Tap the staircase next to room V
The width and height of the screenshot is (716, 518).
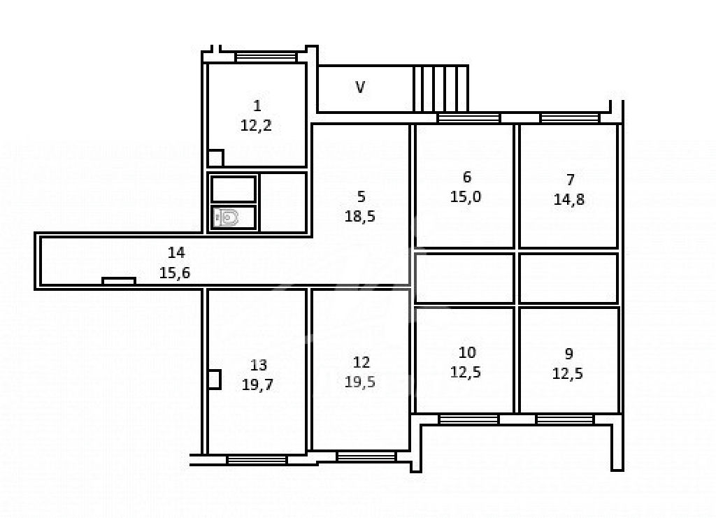(441, 89)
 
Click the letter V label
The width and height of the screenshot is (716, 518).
(360, 87)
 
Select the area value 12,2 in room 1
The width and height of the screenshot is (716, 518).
(256, 126)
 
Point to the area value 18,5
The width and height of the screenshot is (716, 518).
(360, 216)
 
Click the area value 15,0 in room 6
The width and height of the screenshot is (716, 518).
(466, 196)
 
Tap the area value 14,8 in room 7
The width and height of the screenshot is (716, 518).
(569, 199)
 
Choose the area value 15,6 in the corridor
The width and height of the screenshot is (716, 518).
(175, 273)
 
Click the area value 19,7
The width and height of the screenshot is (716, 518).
(257, 384)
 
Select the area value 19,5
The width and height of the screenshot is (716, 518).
(360, 382)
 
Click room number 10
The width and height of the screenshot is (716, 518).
(467, 352)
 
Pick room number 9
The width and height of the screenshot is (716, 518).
(569, 354)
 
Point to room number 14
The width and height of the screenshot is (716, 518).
(176, 252)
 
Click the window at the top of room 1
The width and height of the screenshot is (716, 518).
(266, 57)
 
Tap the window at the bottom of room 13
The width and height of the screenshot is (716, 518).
(257, 459)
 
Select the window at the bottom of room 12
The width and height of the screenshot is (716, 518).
(366, 456)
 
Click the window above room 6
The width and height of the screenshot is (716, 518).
(469, 118)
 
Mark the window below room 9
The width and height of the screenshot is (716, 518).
(565, 419)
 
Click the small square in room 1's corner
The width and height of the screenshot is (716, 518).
(215, 158)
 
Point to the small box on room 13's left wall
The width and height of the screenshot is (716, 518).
(215, 380)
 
